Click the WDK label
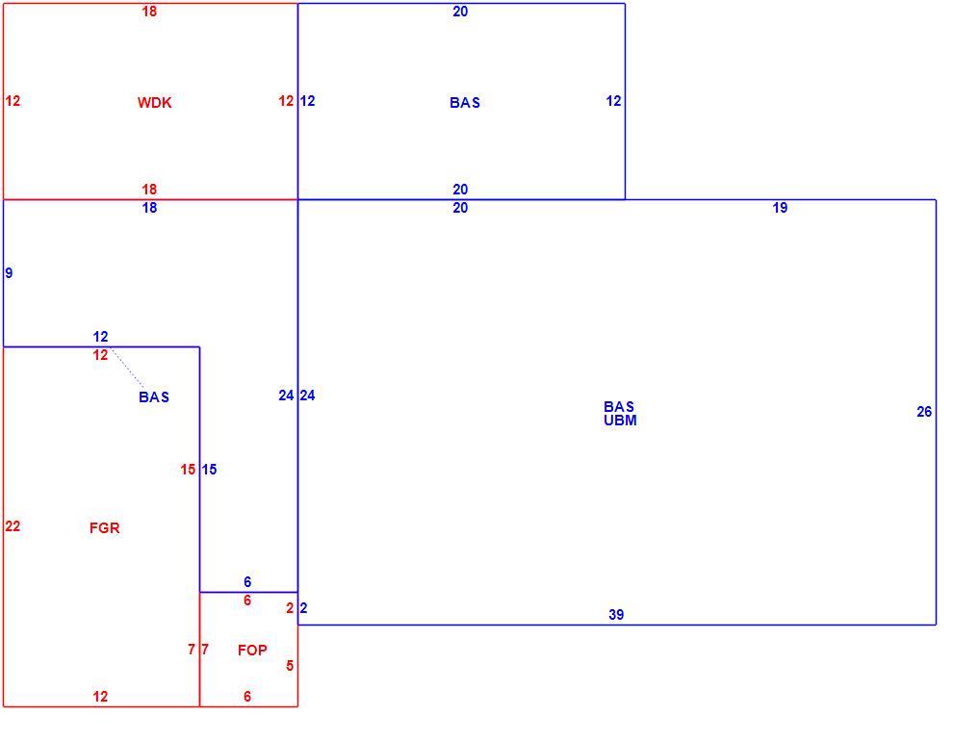tap(154, 103)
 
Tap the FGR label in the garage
tap(105, 527)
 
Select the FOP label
tap(252, 651)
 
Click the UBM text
tap(620, 421)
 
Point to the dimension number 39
tap(616, 615)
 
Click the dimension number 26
tap(924, 412)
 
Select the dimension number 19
tap(780, 208)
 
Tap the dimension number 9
tap(9, 272)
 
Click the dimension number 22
tap(13, 526)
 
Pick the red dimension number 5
tap(290, 666)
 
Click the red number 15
tap(188, 470)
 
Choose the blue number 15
tap(209, 470)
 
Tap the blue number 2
tap(303, 608)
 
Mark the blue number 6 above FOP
tap(247, 582)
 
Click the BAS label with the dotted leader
tap(154, 397)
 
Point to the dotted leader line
tap(128, 368)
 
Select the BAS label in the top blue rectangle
tap(465, 103)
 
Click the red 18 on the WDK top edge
tap(149, 11)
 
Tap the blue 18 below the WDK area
tap(149, 208)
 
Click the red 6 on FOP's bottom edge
tap(247, 697)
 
